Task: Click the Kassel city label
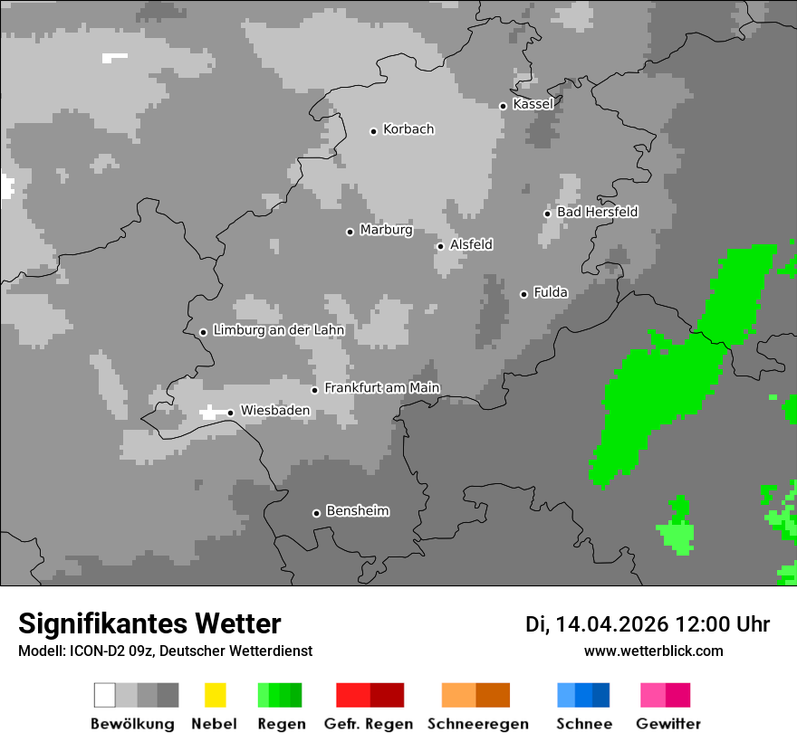[533, 104]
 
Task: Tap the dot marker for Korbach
[373, 131]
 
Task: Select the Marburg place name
[386, 230]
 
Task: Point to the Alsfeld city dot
[440, 246]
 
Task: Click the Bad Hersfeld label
[597, 212]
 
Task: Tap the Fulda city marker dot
[523, 294]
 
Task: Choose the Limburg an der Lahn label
[278, 330]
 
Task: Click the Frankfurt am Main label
[381, 388]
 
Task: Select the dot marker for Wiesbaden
[231, 413]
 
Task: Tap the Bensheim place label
[357, 511]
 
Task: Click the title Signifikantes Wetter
[149, 624]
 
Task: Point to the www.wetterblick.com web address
[653, 651]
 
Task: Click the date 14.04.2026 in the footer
[611, 624]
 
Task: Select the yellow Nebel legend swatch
[215, 695]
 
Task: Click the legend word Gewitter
[668, 724]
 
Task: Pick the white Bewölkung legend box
[104, 695]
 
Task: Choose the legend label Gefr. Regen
[369, 724]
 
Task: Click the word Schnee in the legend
[584, 724]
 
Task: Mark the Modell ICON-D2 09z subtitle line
[165, 651]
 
